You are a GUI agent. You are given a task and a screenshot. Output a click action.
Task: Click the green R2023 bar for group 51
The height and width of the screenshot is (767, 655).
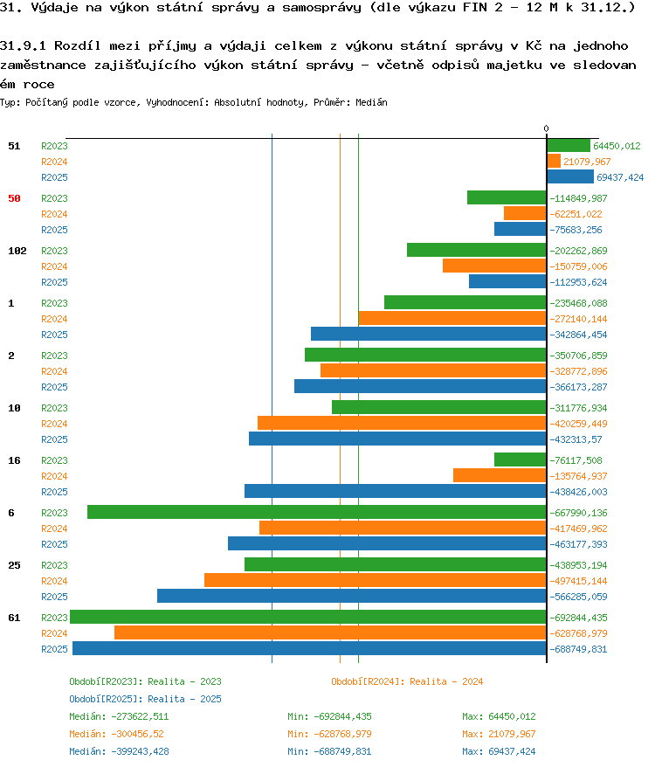point(569,146)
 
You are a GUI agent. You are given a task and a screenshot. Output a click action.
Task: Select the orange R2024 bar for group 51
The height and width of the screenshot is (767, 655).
point(554,162)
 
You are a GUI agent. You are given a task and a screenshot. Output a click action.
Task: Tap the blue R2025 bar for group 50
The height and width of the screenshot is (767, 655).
point(520,230)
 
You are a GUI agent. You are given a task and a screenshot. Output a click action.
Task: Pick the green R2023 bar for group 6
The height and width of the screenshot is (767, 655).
point(316,512)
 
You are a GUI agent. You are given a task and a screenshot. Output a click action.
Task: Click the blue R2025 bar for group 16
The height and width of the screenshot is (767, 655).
point(396,491)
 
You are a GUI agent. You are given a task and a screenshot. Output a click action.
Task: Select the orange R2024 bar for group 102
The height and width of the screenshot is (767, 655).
point(494,266)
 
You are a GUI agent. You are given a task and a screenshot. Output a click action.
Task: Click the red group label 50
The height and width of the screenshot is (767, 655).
point(14,198)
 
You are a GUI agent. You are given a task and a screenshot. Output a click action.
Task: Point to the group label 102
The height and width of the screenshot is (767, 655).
point(17,251)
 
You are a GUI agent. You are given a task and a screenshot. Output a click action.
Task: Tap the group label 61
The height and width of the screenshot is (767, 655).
point(14,618)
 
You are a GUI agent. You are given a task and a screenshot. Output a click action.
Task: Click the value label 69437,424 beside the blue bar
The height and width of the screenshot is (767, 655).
point(620,177)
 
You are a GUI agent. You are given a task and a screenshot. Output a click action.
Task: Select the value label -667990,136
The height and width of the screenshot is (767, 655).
point(578,513)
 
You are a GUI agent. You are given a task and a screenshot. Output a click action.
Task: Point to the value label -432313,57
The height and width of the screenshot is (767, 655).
point(576,439)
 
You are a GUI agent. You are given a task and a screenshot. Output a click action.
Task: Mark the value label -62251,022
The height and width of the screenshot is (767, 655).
point(576,214)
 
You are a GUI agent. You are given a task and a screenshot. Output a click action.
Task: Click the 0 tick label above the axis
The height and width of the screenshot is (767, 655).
point(547,128)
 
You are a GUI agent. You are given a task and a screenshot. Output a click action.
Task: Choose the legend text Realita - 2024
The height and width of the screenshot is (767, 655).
point(446,681)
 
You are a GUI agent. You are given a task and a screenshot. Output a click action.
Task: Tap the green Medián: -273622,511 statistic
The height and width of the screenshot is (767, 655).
point(119,716)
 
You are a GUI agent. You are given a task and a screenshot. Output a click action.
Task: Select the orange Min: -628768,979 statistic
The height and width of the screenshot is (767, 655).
point(329,734)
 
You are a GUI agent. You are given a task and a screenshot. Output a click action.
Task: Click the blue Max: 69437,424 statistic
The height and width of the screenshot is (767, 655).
point(499,751)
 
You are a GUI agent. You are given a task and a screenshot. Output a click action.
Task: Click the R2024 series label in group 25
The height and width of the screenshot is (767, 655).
point(54,581)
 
